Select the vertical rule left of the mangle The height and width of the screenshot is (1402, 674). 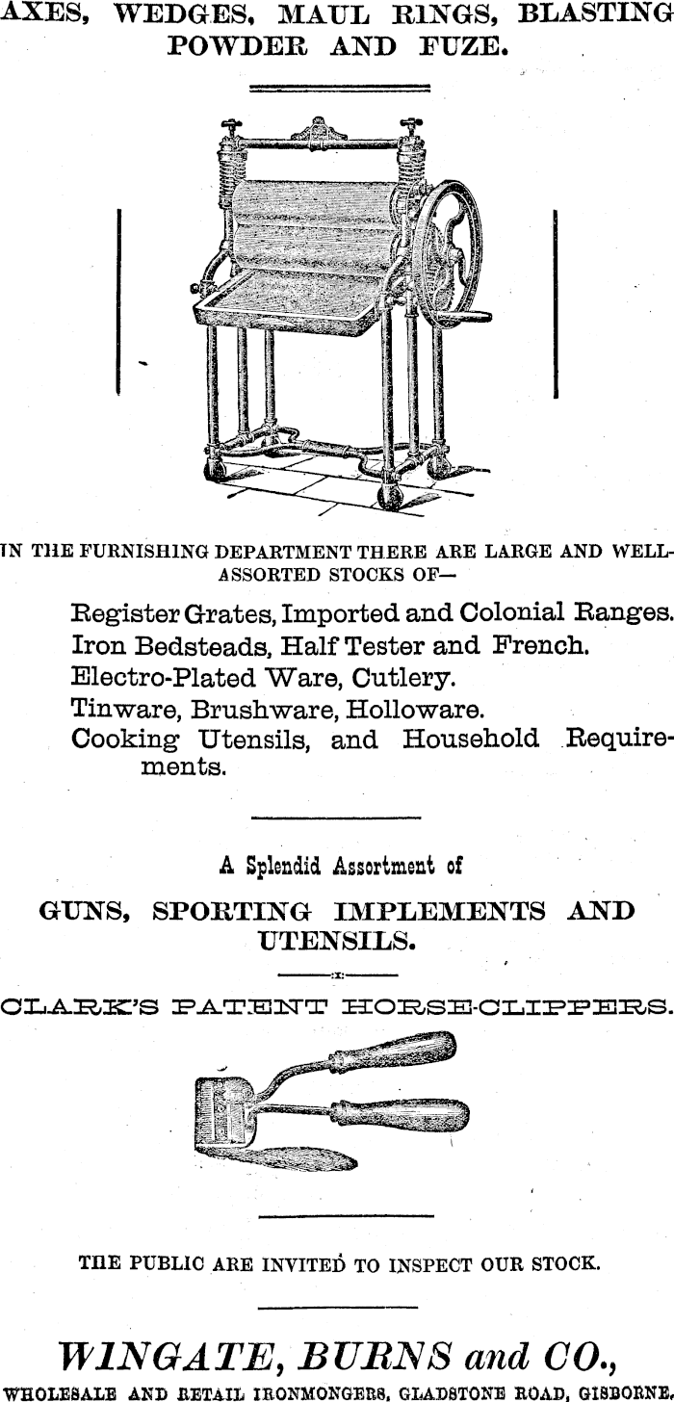pyautogui.click(x=117, y=300)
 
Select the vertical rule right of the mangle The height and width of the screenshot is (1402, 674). pyautogui.click(x=556, y=300)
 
